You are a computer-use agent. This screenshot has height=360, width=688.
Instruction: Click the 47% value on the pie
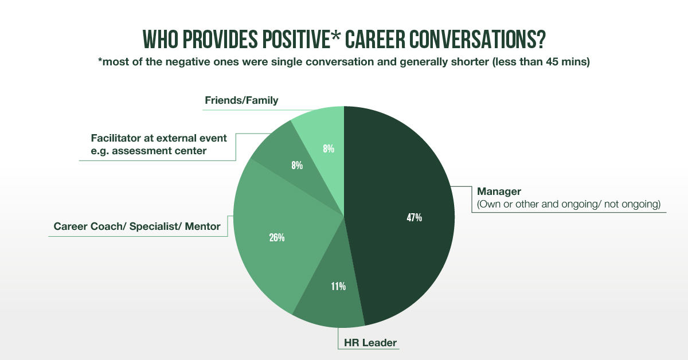[414, 218]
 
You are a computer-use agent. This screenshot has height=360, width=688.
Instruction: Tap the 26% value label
[277, 237]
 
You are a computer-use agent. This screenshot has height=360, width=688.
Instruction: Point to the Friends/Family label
[241, 101]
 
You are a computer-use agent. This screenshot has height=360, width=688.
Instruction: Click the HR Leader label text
[370, 343]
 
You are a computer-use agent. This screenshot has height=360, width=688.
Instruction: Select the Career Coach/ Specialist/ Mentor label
[137, 227]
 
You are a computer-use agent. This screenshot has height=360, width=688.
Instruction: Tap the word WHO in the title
[159, 40]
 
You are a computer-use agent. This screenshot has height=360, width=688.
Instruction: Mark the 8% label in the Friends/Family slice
[328, 149]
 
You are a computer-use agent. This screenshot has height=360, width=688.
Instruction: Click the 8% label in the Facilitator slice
[297, 166]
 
